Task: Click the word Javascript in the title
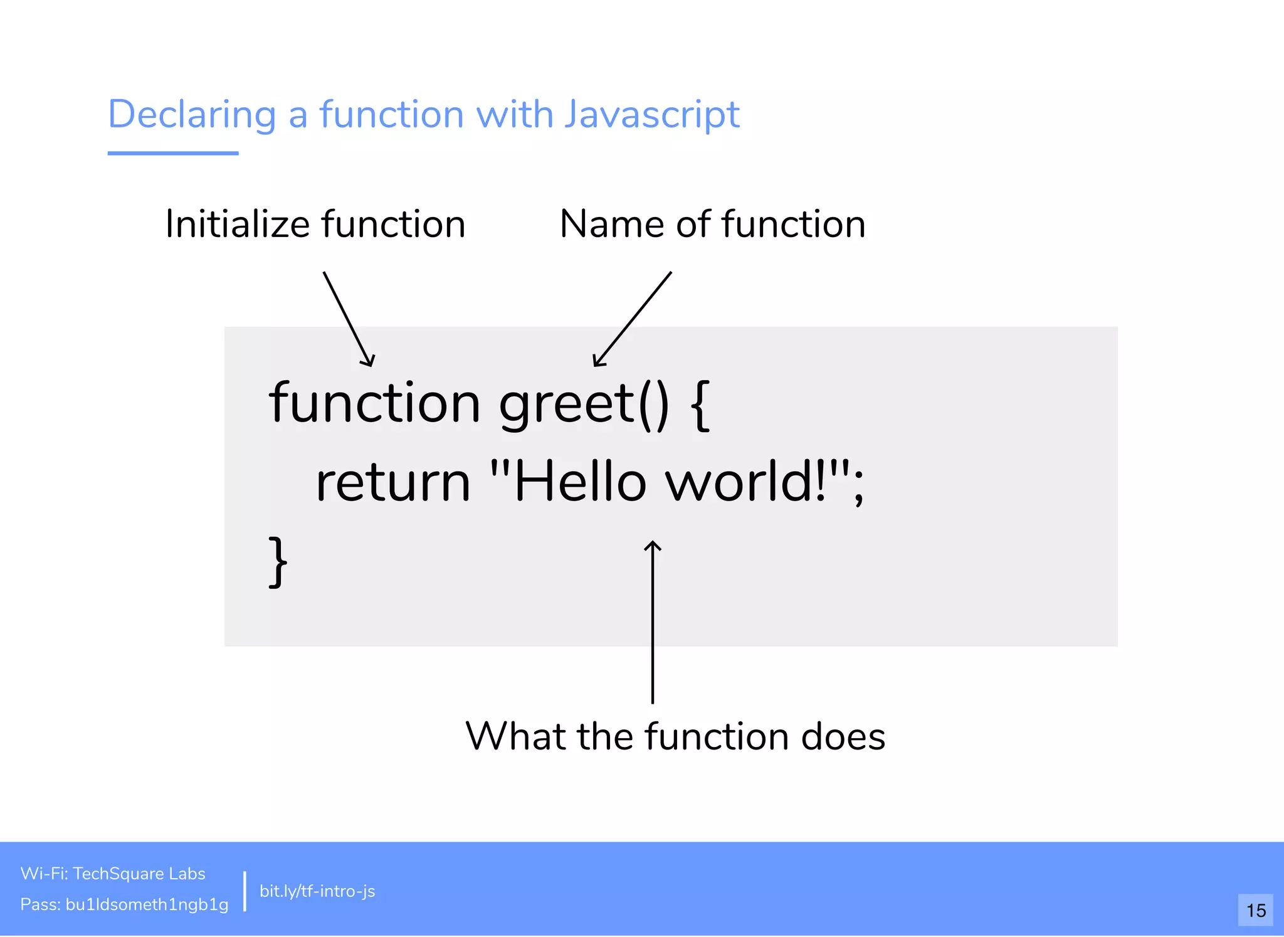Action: (651, 115)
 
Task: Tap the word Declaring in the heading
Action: (192, 115)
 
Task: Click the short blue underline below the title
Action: (173, 153)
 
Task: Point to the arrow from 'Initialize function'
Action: (349, 319)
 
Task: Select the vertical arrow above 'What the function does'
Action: (653, 621)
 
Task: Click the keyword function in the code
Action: (374, 403)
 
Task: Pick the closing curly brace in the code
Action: (278, 561)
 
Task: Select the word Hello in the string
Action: (580, 482)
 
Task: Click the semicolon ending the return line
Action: (858, 486)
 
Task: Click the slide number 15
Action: (1255, 910)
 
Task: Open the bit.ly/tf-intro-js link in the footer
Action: (317, 891)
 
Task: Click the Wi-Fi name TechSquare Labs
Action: (139, 874)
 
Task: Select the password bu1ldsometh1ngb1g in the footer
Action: (147, 904)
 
